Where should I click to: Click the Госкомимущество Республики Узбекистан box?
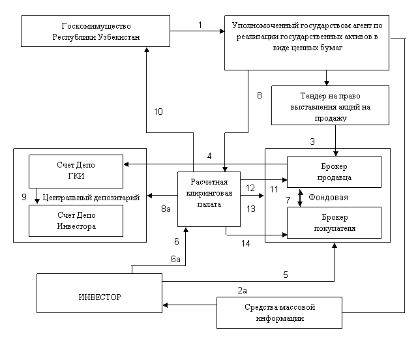click(95, 31)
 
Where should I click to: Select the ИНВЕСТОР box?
click(99, 293)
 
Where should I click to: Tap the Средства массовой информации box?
click(279, 312)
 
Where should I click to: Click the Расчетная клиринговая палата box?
click(209, 199)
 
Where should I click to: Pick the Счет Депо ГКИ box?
click(76, 172)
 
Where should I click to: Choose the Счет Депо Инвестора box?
click(76, 220)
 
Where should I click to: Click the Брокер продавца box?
click(334, 172)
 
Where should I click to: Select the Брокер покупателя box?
click(334, 222)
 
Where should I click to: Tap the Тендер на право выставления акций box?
click(331, 106)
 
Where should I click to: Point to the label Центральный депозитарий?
click(91, 198)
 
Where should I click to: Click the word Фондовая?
click(328, 198)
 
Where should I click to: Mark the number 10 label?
click(158, 112)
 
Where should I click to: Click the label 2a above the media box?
click(242, 290)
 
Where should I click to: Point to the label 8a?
click(166, 209)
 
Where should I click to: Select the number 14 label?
click(246, 243)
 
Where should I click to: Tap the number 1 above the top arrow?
click(200, 25)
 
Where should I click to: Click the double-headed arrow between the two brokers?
click(300, 198)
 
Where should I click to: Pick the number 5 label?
click(286, 275)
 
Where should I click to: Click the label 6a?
click(175, 259)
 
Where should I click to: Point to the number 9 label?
click(24, 197)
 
